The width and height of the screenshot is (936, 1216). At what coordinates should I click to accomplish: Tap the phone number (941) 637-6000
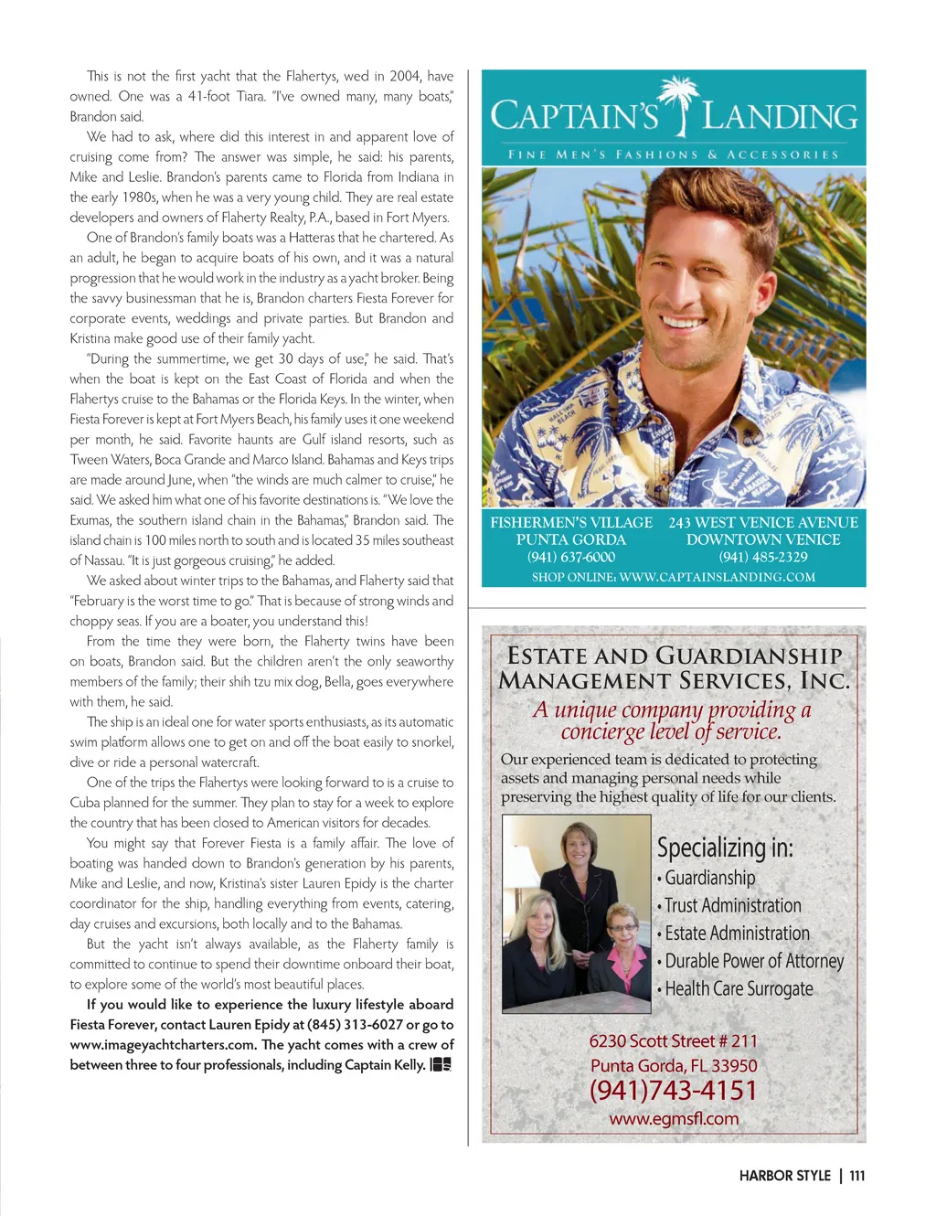tap(571, 557)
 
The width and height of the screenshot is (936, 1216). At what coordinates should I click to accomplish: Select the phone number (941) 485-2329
tap(763, 557)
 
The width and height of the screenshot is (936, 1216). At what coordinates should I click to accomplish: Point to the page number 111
tap(856, 1176)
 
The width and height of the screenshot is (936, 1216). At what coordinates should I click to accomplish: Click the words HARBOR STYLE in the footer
tap(784, 1176)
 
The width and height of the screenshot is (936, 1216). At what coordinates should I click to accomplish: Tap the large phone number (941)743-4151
tap(674, 1091)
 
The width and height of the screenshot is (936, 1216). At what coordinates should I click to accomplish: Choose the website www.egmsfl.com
tap(674, 1118)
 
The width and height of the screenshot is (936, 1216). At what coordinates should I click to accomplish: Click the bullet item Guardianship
tap(709, 879)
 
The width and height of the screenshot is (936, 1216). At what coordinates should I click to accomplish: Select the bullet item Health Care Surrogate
tap(739, 989)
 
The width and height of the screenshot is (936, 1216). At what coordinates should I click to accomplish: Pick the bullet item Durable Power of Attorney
tap(753, 962)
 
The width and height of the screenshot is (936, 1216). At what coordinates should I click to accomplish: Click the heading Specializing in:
tap(725, 848)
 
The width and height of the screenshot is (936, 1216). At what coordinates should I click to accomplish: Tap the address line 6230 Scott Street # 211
tap(673, 1041)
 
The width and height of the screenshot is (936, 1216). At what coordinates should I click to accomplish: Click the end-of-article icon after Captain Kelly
tap(441, 1064)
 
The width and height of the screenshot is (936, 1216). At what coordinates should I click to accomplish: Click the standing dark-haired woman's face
tap(579, 845)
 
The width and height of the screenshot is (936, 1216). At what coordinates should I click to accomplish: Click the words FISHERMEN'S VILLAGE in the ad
tap(571, 522)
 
